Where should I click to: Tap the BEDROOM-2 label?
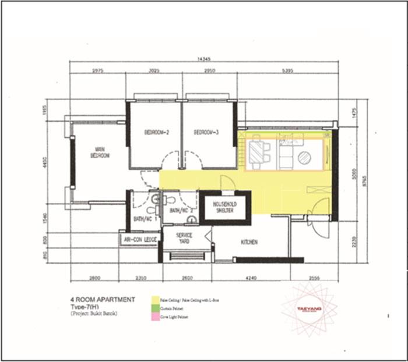(x=156, y=132)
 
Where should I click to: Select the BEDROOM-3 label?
(x=206, y=132)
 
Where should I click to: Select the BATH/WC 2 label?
(x=181, y=210)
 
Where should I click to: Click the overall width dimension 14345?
(x=203, y=59)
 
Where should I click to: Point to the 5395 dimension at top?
(x=288, y=71)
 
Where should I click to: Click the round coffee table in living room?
(x=304, y=157)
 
